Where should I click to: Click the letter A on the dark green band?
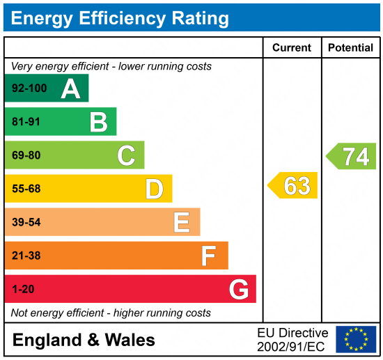click(70, 88)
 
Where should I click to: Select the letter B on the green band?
click(98, 123)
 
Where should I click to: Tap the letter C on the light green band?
click(126, 155)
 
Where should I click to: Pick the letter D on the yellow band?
click(154, 189)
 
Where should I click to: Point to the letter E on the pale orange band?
click(181, 222)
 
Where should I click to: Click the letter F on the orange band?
click(208, 256)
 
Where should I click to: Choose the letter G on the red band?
click(239, 289)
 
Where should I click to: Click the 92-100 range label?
click(30, 89)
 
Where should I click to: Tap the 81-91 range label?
click(27, 123)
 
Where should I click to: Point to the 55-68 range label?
click(27, 189)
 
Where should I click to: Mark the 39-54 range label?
click(27, 222)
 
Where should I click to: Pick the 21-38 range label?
click(27, 256)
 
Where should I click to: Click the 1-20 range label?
click(23, 289)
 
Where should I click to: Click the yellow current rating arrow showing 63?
click(293, 186)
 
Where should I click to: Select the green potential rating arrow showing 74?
click(352, 156)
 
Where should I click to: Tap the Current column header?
click(292, 48)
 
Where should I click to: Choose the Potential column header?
click(350, 48)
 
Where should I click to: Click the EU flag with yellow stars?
click(356, 339)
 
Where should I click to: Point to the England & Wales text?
click(84, 340)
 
